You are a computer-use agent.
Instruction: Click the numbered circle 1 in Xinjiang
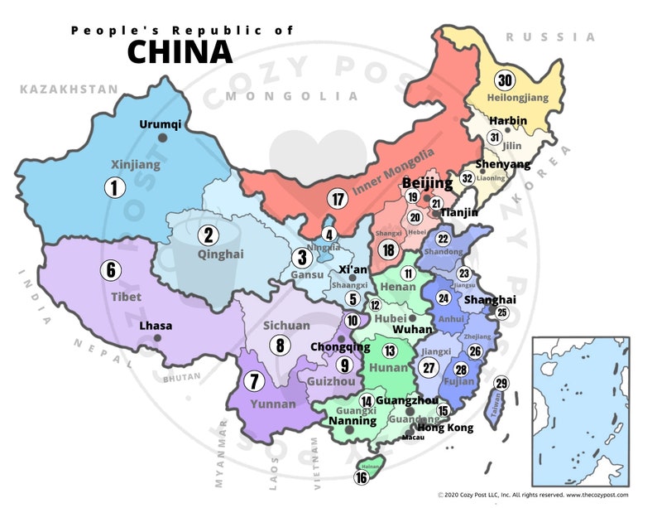[x=114, y=188]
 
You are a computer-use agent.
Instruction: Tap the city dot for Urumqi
[x=163, y=138]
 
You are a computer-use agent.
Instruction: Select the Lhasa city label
[x=156, y=326]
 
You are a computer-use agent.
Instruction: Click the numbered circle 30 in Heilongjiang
[x=504, y=80]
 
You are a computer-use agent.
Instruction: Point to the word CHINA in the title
[x=180, y=51]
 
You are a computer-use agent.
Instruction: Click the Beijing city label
[x=427, y=182]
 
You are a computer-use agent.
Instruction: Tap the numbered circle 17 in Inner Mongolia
[x=337, y=199]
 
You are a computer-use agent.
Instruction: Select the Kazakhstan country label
[x=58, y=88]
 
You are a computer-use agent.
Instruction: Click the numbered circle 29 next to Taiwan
[x=501, y=383]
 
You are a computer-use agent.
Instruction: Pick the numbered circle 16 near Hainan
[x=362, y=477]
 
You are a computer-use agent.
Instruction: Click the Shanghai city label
[x=490, y=299]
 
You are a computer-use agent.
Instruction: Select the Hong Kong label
[x=445, y=428]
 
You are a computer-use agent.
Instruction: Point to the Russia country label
[x=550, y=37]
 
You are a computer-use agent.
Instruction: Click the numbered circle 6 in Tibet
[x=109, y=269]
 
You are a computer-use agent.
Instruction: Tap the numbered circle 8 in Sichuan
[x=281, y=346]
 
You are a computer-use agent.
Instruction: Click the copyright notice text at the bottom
[x=533, y=495]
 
